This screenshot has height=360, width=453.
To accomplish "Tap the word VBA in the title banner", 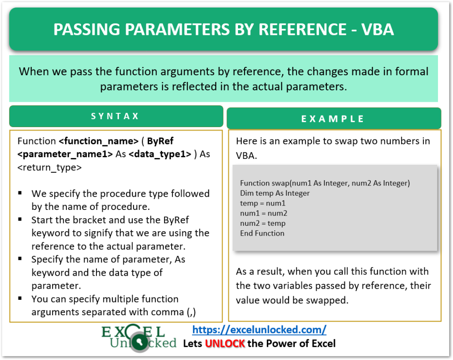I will click(377, 29).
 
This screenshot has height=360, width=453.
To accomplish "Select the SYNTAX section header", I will click(115, 116).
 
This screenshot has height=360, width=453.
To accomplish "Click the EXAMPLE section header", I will click(333, 119).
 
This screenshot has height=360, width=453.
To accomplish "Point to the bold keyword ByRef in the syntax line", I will click(160, 141).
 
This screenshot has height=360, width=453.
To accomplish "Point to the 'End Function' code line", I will click(262, 233).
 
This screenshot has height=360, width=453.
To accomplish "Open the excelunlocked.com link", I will click(260, 329).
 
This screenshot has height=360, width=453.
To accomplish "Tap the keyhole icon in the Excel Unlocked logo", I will click(139, 343).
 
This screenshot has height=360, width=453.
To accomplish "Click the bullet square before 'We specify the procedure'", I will click(20, 194).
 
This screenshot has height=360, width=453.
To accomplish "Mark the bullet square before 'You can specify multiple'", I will click(20, 299).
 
